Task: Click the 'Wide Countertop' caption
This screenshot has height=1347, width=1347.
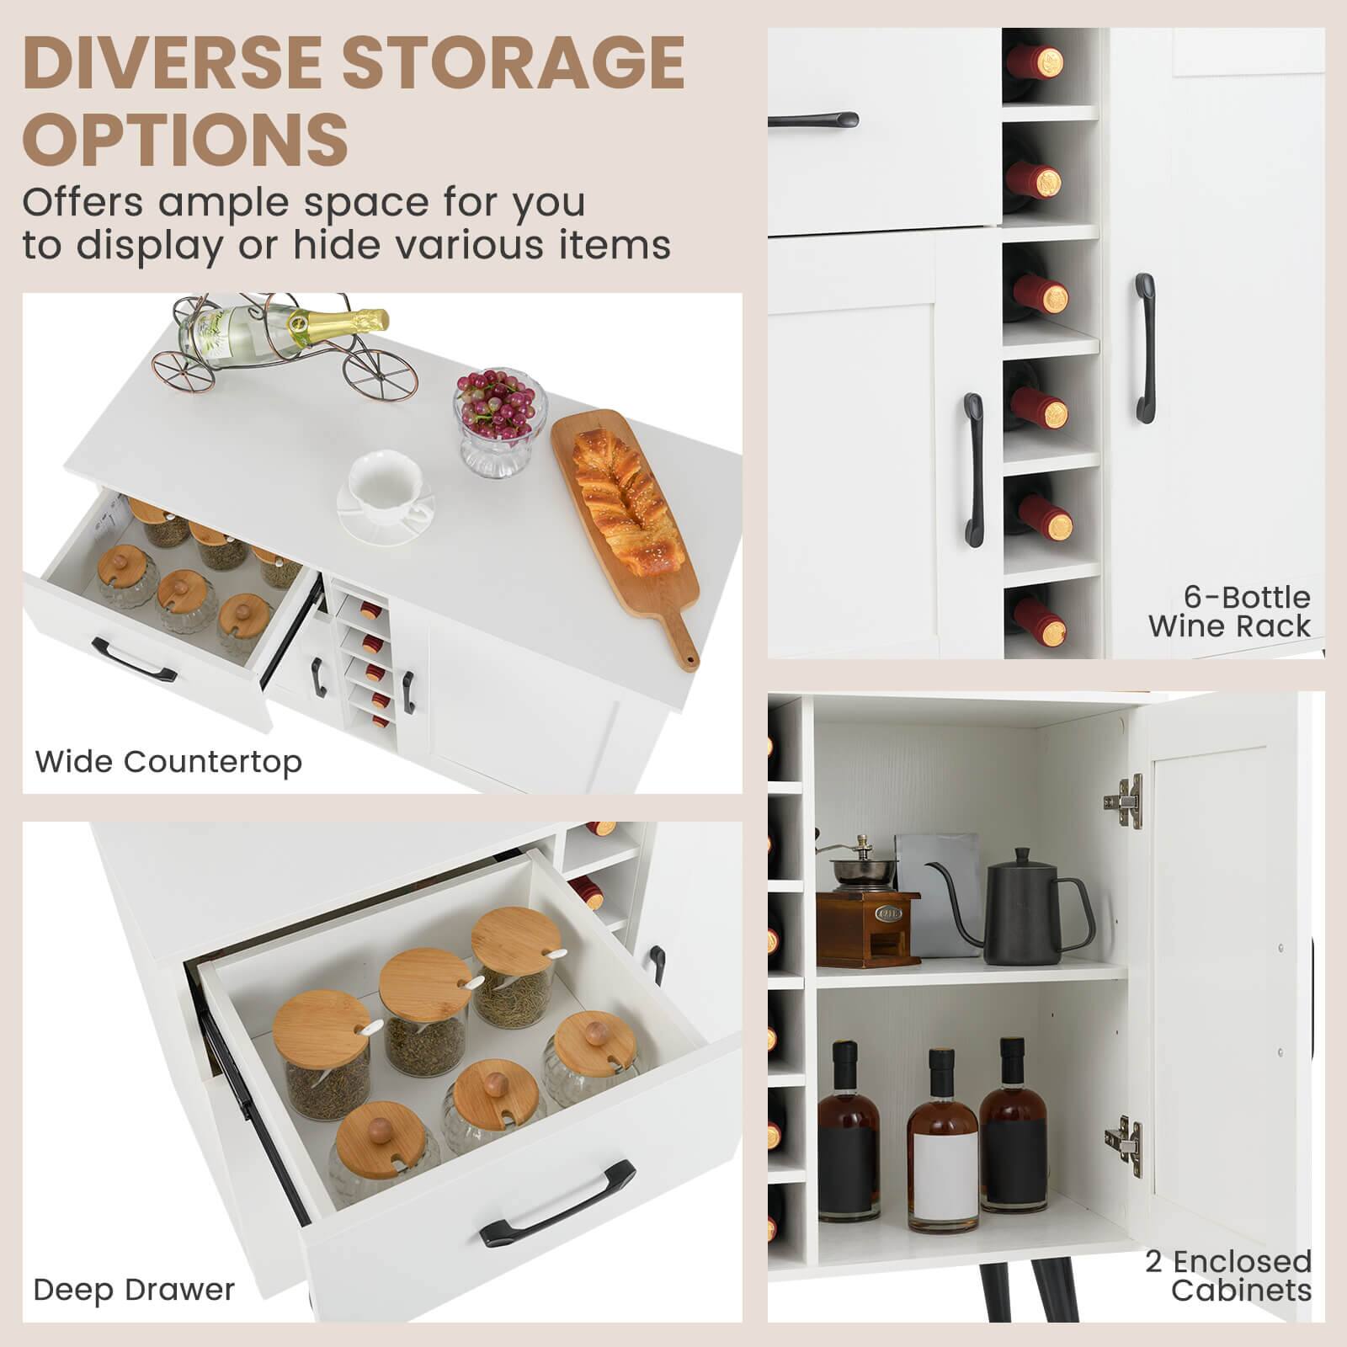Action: tap(168, 762)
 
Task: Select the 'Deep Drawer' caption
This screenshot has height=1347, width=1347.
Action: tap(134, 1290)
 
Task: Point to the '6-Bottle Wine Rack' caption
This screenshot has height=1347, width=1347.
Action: tap(1229, 611)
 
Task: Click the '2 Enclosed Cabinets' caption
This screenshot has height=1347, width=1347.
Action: tap(1229, 1275)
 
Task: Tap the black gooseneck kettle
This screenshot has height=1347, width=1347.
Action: tap(1031, 913)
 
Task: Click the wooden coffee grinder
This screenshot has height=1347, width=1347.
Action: tap(867, 918)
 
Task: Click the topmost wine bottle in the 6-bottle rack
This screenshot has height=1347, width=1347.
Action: tap(1041, 61)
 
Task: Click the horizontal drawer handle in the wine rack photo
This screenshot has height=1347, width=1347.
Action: tap(812, 120)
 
